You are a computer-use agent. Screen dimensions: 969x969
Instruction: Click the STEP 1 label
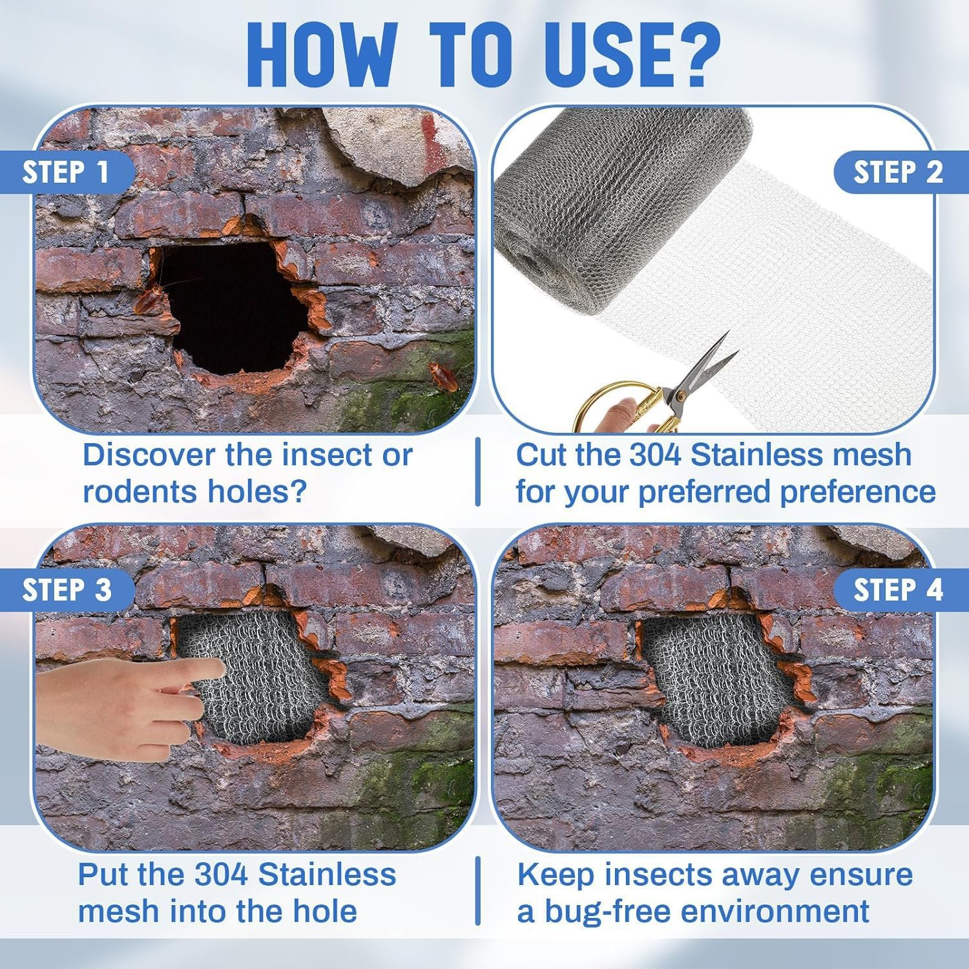(65, 172)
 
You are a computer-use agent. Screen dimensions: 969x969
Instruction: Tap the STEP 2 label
(899, 172)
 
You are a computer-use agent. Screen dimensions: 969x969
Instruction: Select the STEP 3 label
(67, 590)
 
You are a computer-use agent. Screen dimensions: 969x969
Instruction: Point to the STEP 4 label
(899, 590)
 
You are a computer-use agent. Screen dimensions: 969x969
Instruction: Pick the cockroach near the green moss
(443, 377)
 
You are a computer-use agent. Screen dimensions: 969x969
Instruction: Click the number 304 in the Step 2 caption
(655, 455)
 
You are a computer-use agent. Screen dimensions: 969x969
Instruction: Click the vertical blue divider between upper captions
(478, 472)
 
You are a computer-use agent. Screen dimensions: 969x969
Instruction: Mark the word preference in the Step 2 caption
(857, 492)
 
